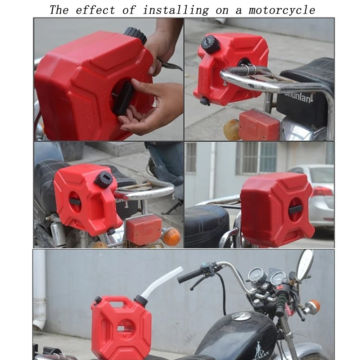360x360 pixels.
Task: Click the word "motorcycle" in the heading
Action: coord(282,10)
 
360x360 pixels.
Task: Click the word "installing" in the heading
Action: coord(176,10)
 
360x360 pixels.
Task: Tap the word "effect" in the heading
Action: coord(95,10)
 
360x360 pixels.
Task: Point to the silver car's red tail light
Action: coord(323,192)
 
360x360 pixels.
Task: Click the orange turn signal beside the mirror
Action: coord(313,307)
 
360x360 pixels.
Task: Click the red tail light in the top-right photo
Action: coord(259,125)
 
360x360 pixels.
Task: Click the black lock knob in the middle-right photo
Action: coord(296,209)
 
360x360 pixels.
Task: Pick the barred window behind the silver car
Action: coord(256,157)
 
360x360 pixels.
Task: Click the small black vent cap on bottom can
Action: coord(97,300)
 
